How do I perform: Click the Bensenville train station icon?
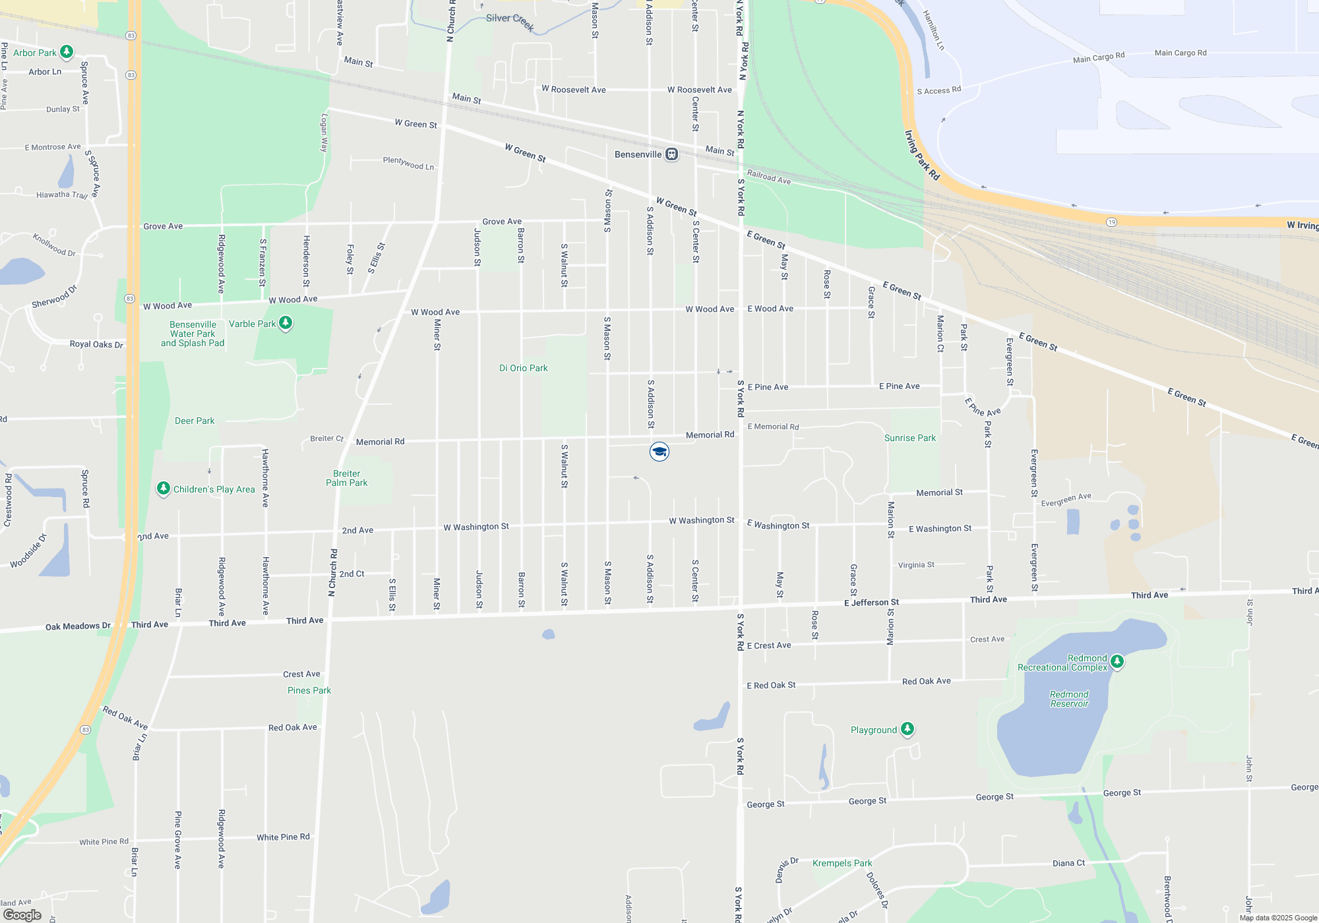[x=671, y=154]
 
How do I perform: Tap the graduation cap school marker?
[x=659, y=452]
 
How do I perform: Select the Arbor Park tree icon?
[x=67, y=51]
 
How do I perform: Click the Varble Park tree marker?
[x=286, y=323]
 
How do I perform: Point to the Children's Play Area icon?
[x=164, y=489]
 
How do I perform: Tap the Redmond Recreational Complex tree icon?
[x=1117, y=661]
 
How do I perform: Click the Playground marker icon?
[x=907, y=729]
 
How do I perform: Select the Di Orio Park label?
[x=523, y=368]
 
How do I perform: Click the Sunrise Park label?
[x=909, y=438]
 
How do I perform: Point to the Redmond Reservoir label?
[x=1069, y=699]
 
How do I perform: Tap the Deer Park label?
[x=195, y=421]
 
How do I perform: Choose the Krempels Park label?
[x=842, y=863]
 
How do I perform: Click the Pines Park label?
[x=309, y=690]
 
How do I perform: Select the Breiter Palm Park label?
[x=347, y=478]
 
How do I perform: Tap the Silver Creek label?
[x=510, y=22]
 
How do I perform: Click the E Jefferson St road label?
[x=871, y=603]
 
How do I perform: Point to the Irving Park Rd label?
[x=922, y=156]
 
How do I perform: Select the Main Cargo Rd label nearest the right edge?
[x=1181, y=53]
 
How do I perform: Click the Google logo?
[x=22, y=914]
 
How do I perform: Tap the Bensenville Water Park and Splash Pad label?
[x=193, y=334]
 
